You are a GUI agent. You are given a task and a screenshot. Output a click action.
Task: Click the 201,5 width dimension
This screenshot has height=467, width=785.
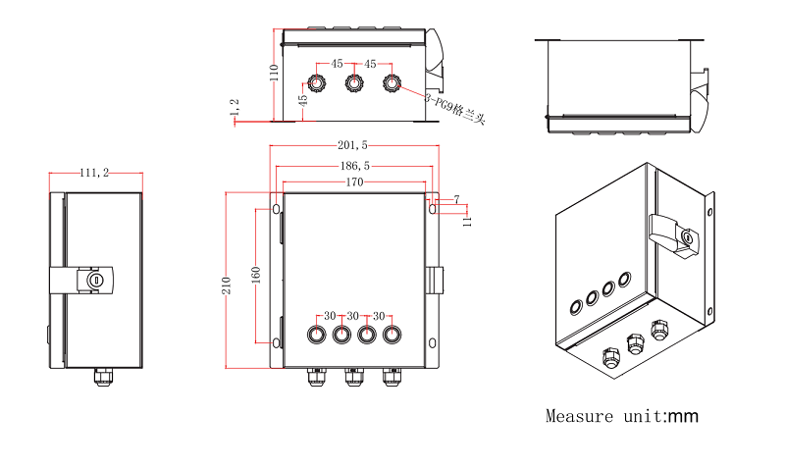(x=353, y=146)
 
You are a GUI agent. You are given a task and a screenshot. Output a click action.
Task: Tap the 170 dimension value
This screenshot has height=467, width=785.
(x=353, y=182)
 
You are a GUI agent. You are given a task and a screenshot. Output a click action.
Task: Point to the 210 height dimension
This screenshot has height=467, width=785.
(x=227, y=285)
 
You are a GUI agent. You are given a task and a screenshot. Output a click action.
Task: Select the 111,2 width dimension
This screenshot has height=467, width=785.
(x=94, y=174)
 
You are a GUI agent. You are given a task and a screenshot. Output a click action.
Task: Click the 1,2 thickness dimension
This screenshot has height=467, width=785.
(x=234, y=111)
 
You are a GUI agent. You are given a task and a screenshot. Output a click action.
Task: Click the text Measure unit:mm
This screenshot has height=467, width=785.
(x=621, y=416)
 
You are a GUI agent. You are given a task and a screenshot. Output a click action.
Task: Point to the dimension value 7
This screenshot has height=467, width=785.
(x=456, y=200)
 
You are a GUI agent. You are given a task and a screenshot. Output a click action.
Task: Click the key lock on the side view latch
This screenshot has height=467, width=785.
(x=95, y=282)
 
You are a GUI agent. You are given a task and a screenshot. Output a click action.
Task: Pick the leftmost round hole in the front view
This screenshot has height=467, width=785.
(x=317, y=335)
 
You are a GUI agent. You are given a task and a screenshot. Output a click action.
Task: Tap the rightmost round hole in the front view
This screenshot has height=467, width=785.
(x=392, y=335)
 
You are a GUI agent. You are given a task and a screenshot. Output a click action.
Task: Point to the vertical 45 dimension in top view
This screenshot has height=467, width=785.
(x=303, y=98)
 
